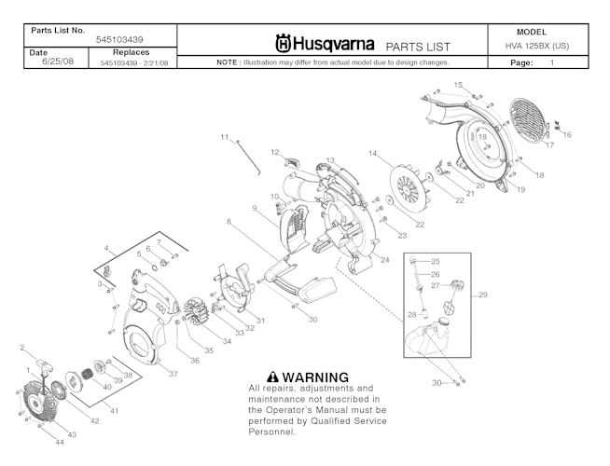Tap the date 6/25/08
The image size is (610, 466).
(45, 62)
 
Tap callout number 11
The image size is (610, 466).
(225, 138)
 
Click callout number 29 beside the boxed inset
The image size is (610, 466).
(483, 295)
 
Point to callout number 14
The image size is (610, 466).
(372, 153)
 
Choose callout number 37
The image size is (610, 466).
(173, 374)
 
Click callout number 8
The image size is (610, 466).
(228, 221)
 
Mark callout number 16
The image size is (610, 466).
(567, 135)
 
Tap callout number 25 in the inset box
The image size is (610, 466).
(435, 262)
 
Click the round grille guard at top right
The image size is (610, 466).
(526, 116)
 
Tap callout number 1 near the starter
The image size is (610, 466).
(28, 370)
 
